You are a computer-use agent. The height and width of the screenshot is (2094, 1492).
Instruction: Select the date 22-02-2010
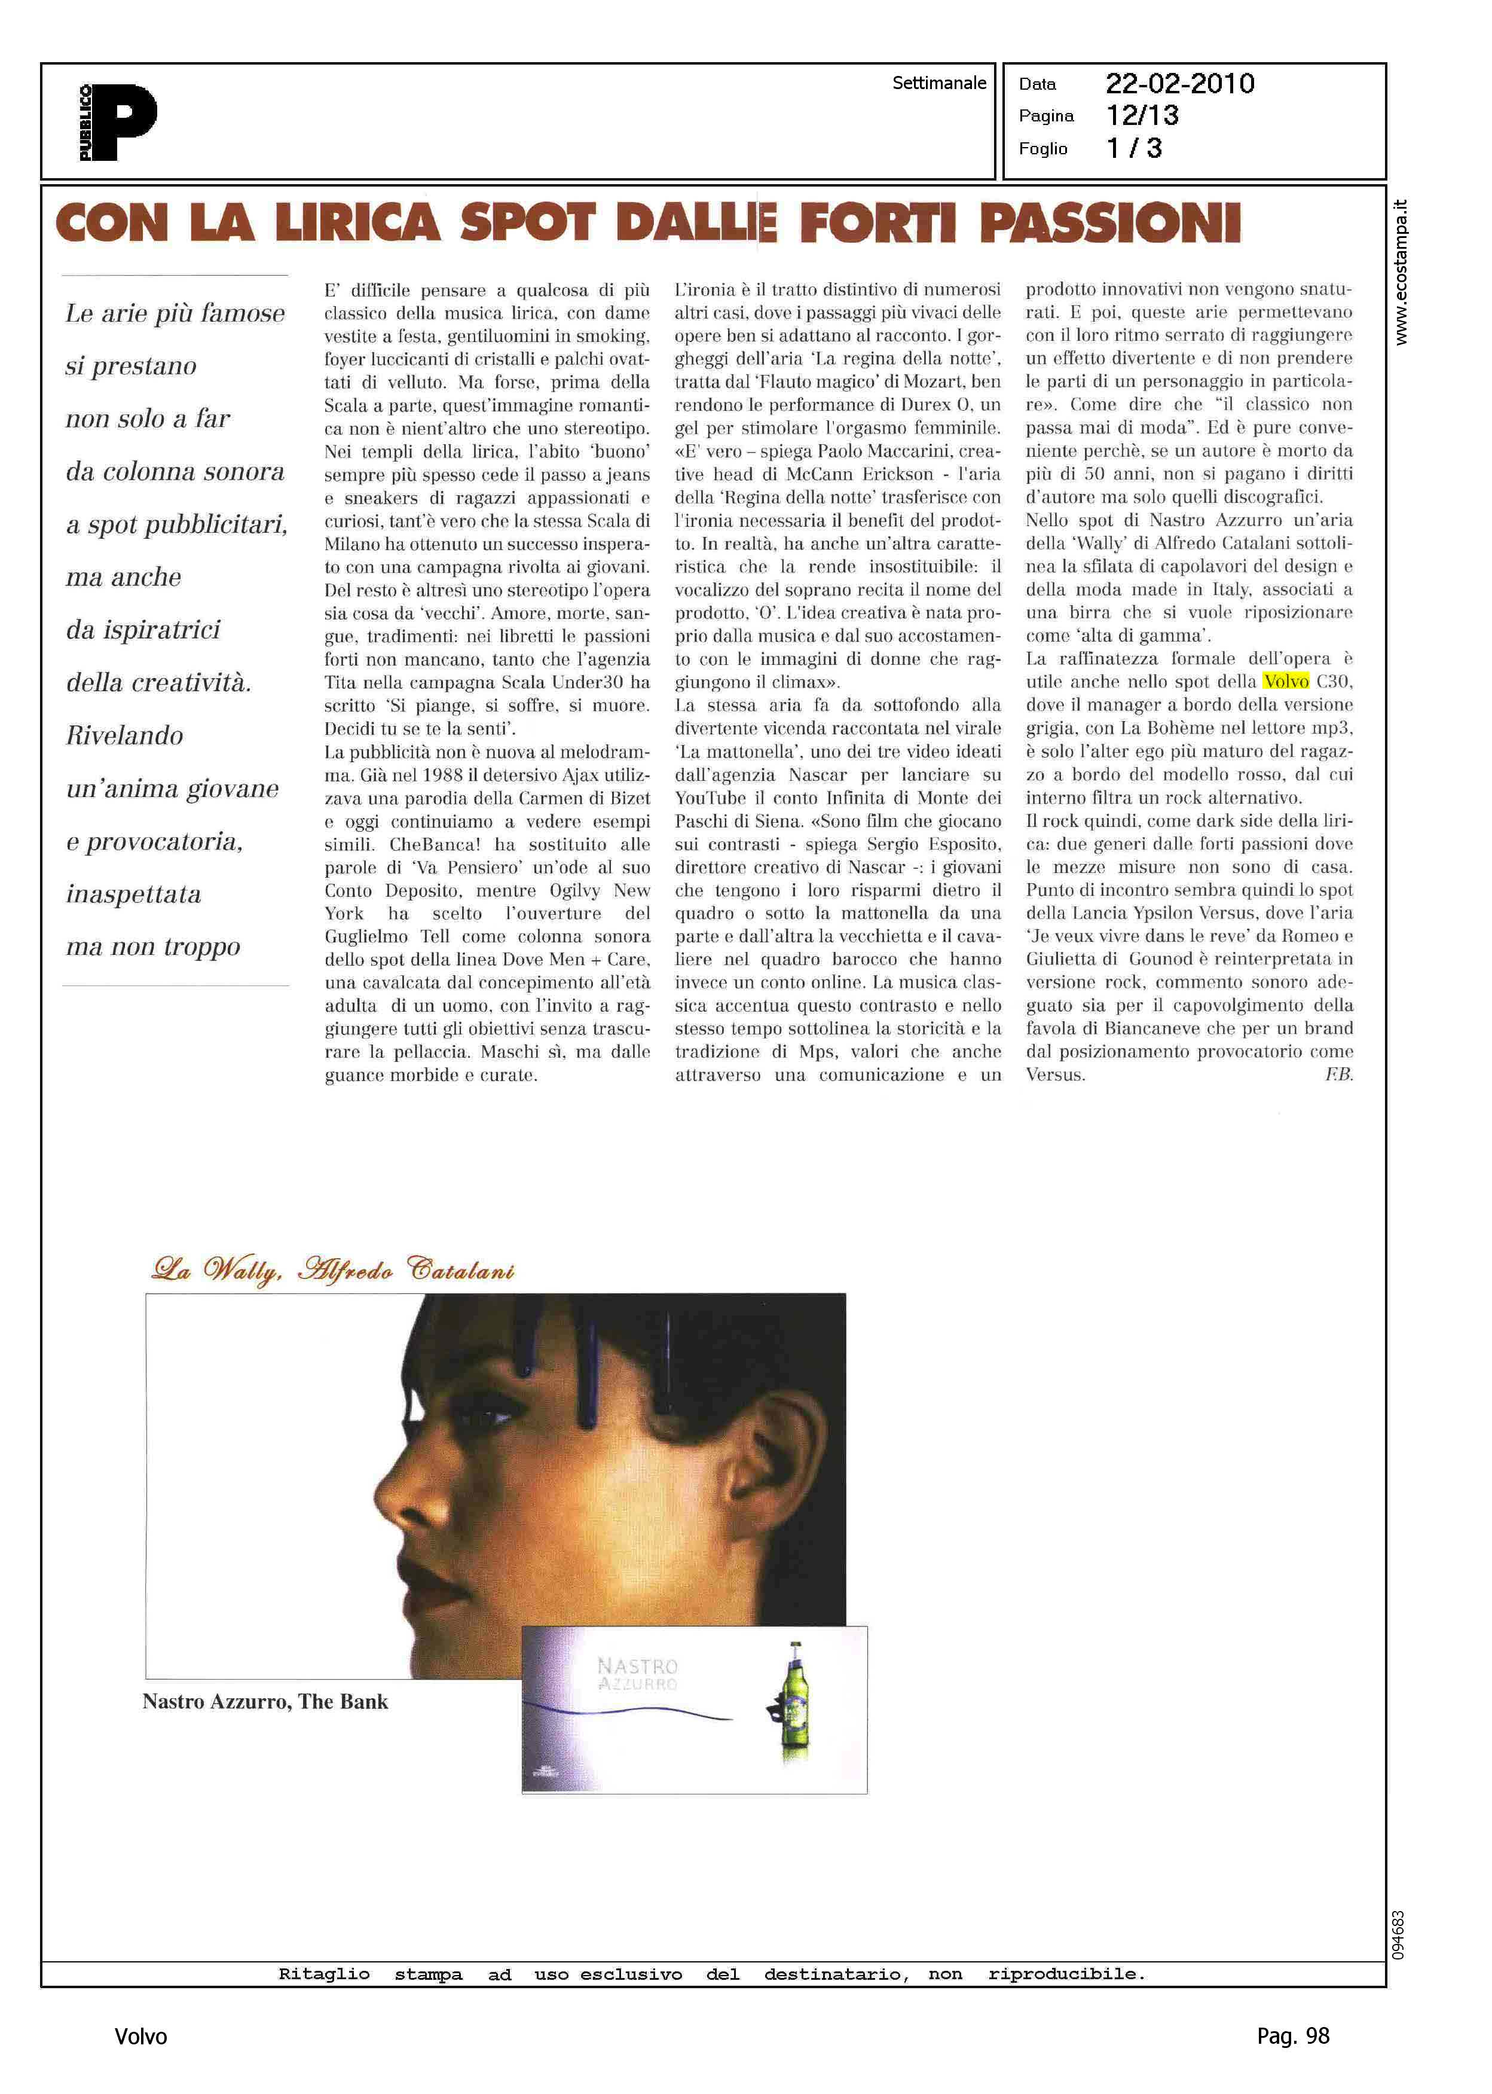tap(1179, 84)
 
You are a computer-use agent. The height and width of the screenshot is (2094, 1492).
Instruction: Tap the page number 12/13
tap(1142, 116)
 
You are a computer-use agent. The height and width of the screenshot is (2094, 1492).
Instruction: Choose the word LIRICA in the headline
tap(357, 223)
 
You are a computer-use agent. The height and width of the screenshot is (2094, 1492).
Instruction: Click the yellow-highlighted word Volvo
tap(1285, 682)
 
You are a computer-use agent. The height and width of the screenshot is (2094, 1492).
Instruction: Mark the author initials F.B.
tap(1338, 1074)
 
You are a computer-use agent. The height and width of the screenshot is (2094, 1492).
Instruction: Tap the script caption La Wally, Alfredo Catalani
tap(332, 1271)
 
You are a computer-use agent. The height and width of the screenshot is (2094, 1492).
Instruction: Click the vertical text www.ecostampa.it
tap(1400, 273)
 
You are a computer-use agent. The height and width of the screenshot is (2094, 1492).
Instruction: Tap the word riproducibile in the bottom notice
tap(1066, 1974)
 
